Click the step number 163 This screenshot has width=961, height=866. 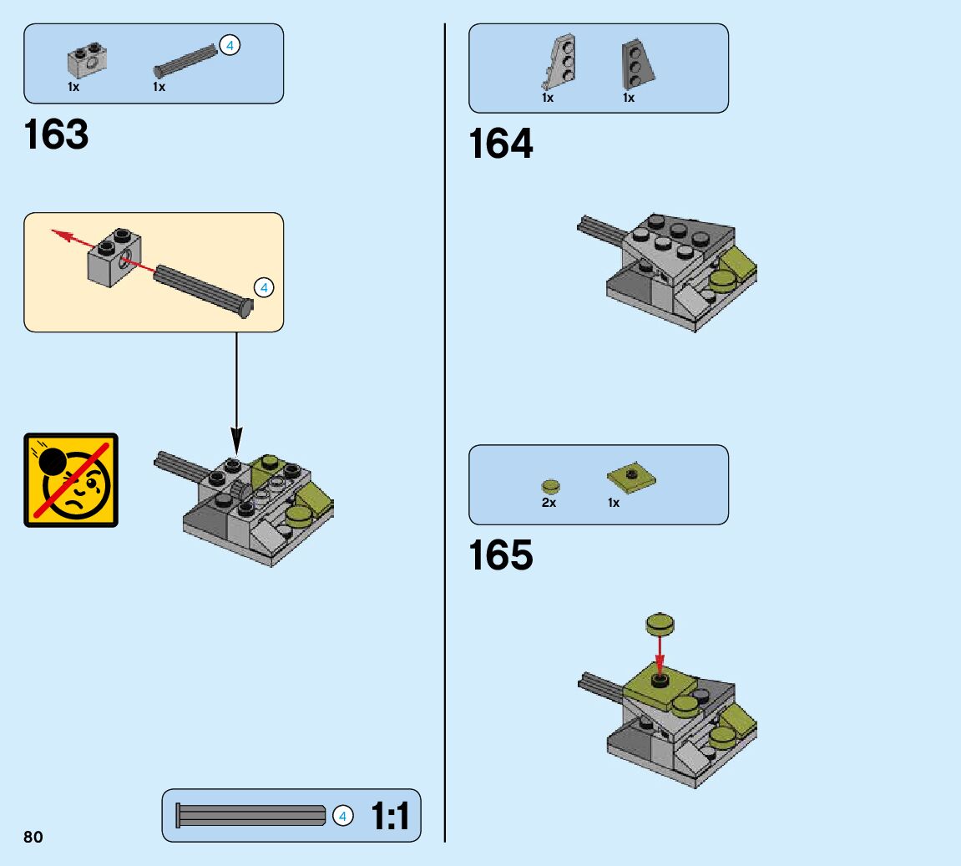click(57, 135)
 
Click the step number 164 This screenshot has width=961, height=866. click(501, 144)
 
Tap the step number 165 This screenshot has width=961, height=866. click(501, 556)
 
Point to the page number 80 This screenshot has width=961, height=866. click(33, 838)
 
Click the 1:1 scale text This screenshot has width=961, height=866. click(390, 816)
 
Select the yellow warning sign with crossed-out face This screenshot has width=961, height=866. click(71, 480)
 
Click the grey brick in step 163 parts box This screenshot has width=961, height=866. click(89, 60)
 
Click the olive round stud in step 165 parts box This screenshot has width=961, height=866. click(550, 485)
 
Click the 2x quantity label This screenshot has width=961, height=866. click(549, 503)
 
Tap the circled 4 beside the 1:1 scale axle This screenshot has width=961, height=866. click(342, 816)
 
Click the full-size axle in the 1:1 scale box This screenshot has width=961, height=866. click(250, 816)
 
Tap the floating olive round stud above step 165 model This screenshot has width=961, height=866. click(660, 624)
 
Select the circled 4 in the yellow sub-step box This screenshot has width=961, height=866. click(263, 288)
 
